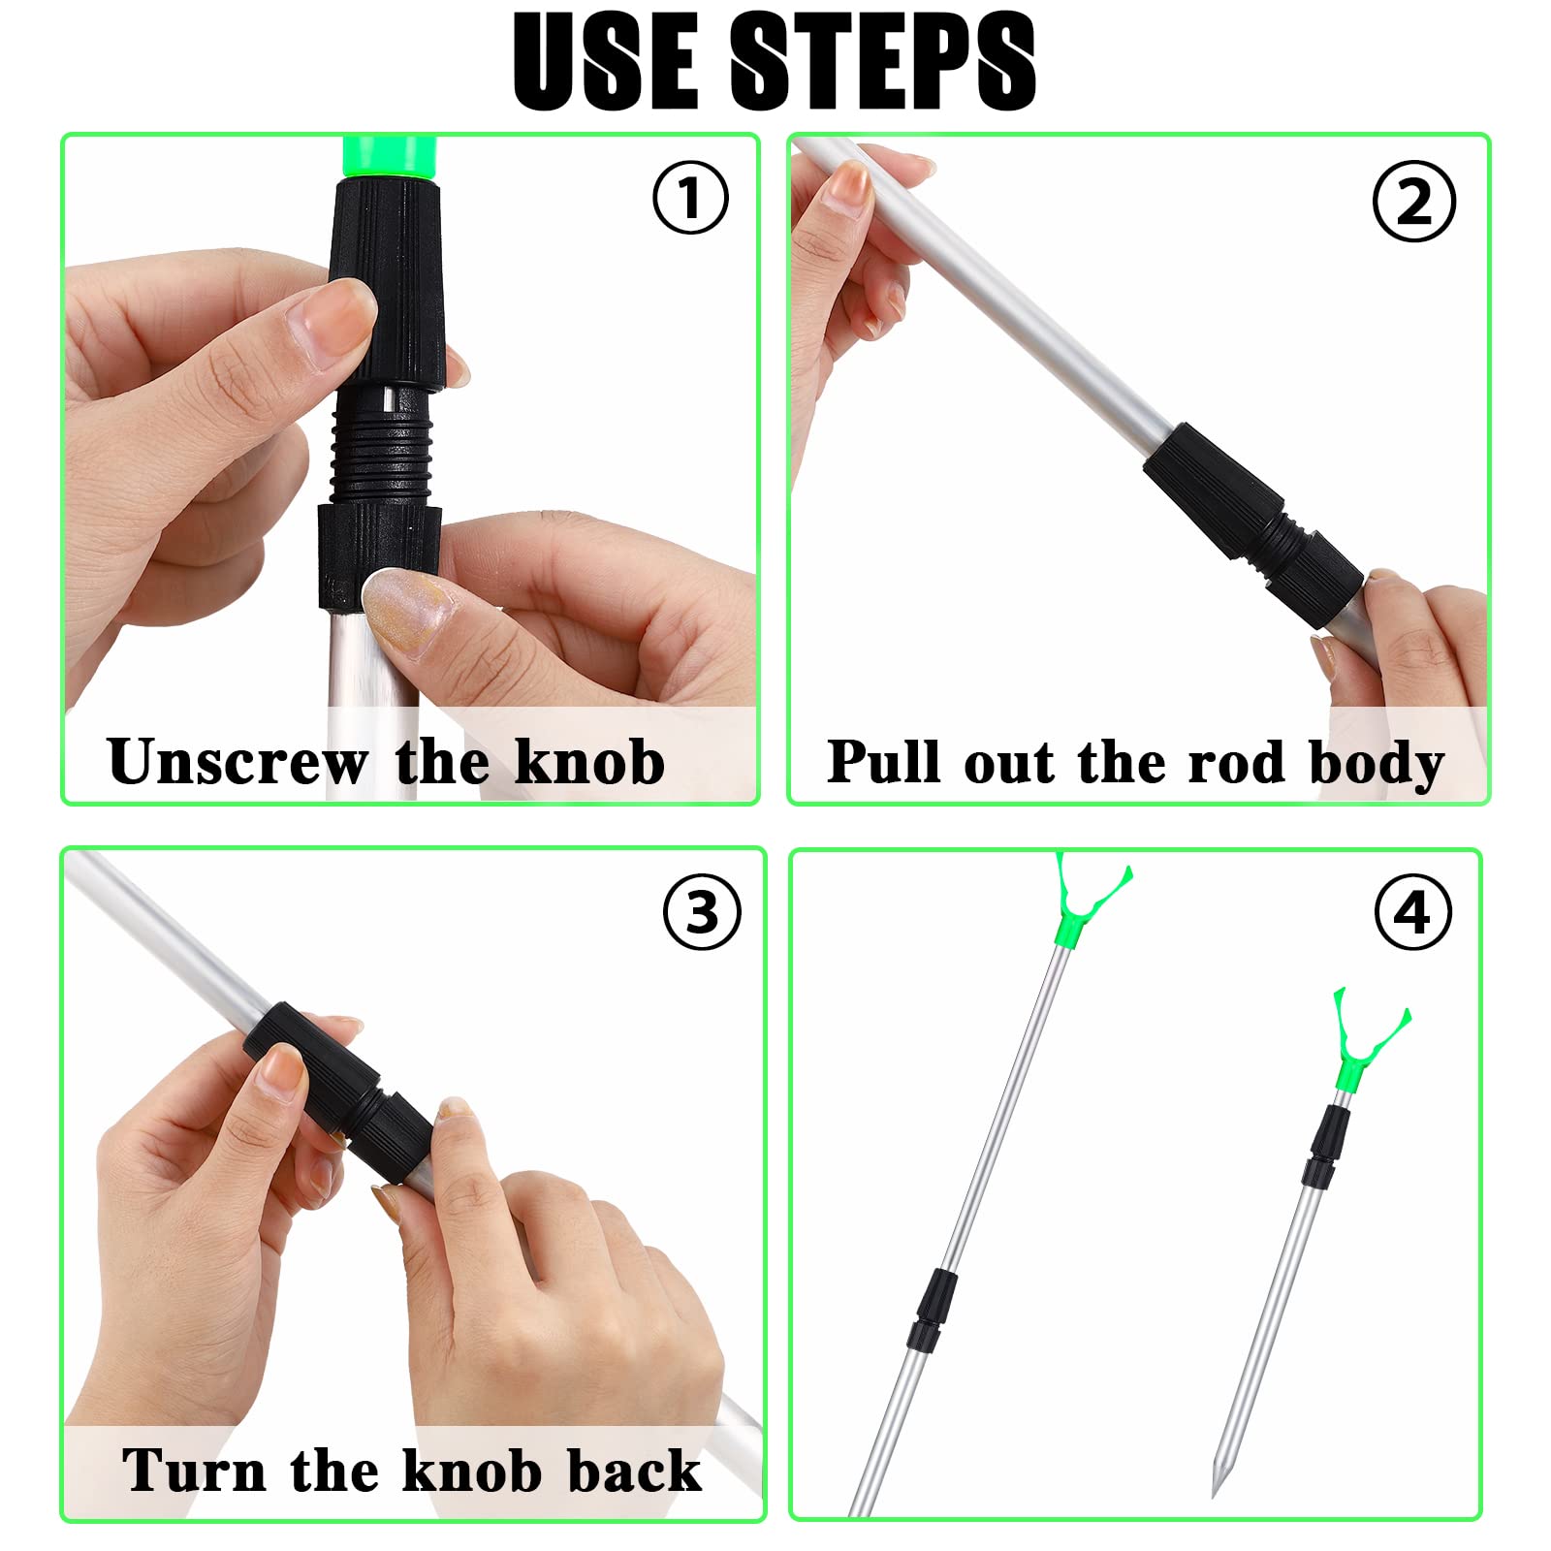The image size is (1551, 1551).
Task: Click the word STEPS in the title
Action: click(x=882, y=62)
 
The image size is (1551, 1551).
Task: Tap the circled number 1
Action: click(x=690, y=198)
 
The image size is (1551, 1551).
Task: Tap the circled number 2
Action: click(x=1414, y=202)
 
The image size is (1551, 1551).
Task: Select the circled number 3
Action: click(x=703, y=912)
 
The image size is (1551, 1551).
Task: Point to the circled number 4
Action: click(x=1413, y=912)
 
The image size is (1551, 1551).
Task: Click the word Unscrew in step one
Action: click(x=237, y=762)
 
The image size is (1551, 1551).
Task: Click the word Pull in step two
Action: click(x=884, y=761)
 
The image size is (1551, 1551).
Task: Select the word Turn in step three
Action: click(x=194, y=1471)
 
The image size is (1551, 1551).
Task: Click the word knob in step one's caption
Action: click(x=589, y=762)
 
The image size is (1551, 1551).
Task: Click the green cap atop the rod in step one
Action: click(x=390, y=157)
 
